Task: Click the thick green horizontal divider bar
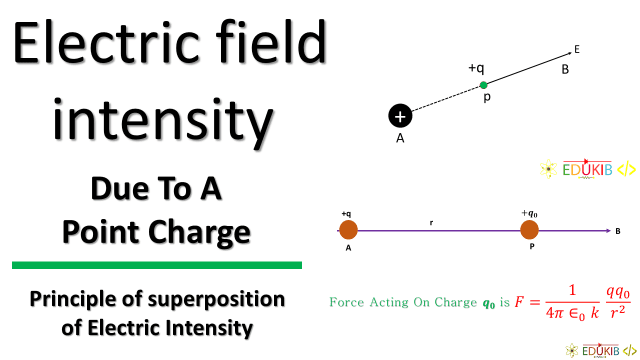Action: coord(157,265)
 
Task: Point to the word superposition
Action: coord(214,299)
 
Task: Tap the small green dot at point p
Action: coord(483,85)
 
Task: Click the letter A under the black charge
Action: coord(400,139)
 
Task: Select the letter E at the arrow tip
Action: coord(577,47)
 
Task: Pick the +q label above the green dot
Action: coord(476,68)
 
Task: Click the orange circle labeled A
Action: coord(349,231)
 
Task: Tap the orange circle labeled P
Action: coord(529,231)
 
